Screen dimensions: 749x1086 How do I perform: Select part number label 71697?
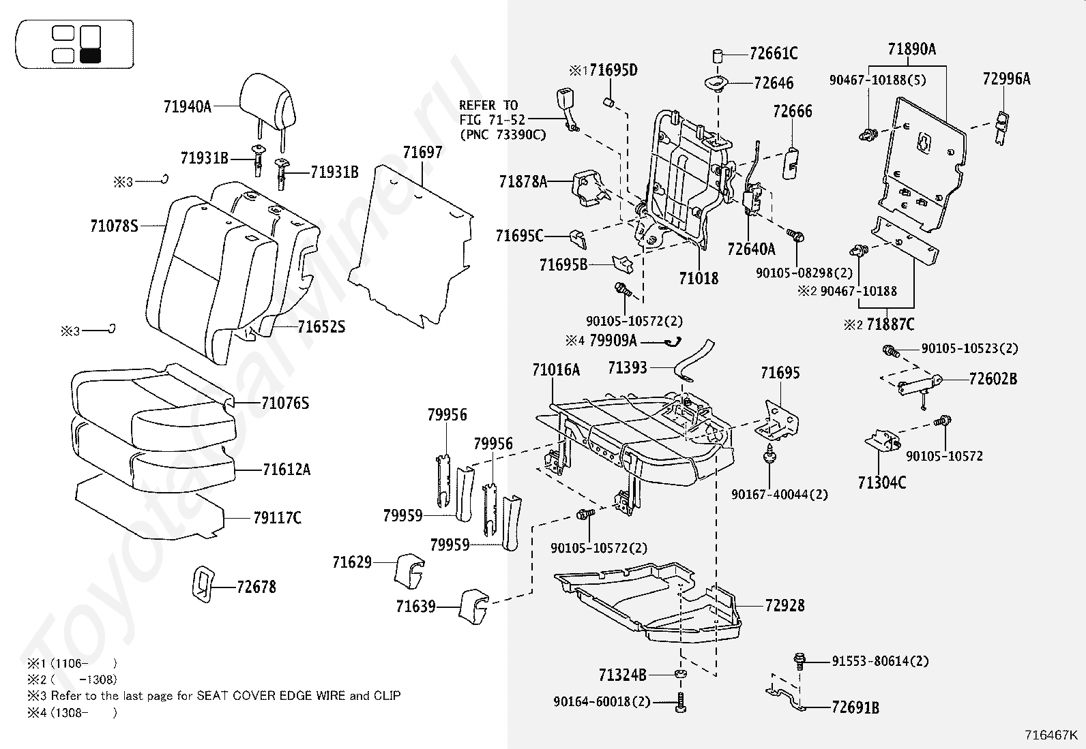422,153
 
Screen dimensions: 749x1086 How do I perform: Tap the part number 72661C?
773,54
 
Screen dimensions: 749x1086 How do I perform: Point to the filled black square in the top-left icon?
90,56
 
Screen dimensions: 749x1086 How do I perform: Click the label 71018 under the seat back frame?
699,278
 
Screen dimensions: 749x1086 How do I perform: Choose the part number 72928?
784,605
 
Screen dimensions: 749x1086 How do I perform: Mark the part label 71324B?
622,675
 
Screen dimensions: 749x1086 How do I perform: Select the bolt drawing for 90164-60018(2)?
680,703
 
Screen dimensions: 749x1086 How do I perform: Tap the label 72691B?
855,708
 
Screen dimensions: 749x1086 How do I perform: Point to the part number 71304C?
882,483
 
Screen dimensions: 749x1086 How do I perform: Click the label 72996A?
1006,79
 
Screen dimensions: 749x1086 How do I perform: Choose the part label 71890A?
911,49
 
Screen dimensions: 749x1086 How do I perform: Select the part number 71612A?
287,470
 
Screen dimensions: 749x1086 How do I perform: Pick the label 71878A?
523,182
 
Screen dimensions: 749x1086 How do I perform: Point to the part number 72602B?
993,379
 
